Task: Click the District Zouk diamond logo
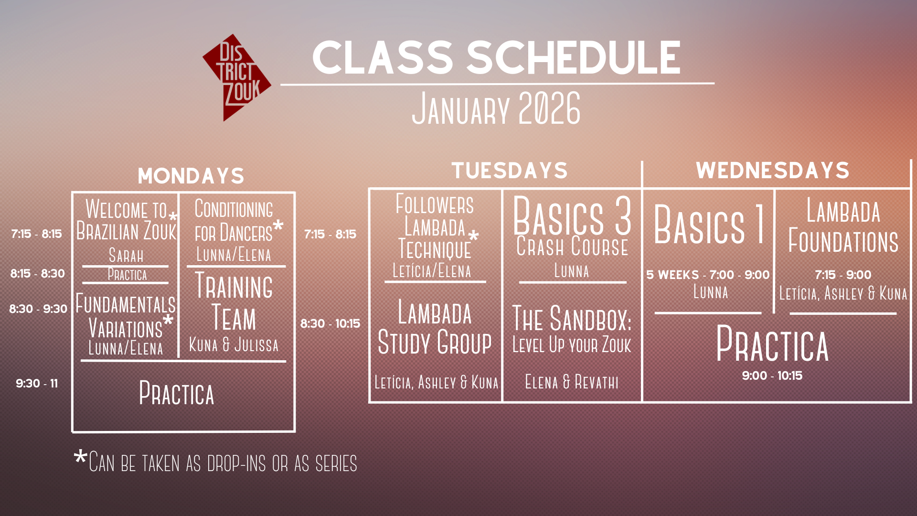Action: click(x=236, y=77)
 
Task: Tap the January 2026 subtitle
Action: click(x=496, y=108)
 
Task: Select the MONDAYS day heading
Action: click(x=191, y=176)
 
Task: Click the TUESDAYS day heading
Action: click(x=510, y=171)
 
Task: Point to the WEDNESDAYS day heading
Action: click(x=773, y=171)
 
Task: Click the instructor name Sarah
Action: click(x=126, y=255)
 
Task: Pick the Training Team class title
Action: click(x=234, y=301)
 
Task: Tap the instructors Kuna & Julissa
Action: click(x=234, y=344)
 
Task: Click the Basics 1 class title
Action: click(x=709, y=224)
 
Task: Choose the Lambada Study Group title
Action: click(x=435, y=327)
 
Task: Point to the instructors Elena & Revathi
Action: click(x=572, y=382)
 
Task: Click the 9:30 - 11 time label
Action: click(x=37, y=383)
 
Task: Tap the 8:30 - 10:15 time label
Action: click(x=330, y=323)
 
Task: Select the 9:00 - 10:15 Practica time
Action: click(x=772, y=376)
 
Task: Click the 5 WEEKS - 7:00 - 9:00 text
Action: click(x=708, y=275)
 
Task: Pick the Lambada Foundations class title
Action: click(x=843, y=226)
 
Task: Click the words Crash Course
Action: click(x=572, y=247)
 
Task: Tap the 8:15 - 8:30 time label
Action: click(x=38, y=273)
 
